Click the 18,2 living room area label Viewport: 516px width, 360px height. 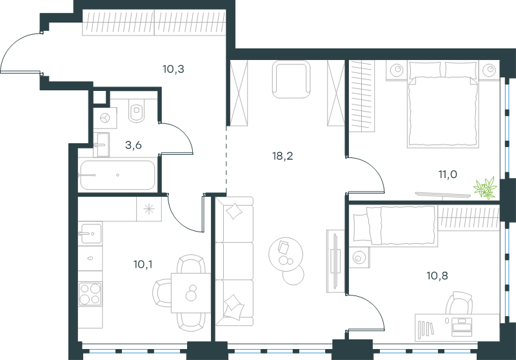283,156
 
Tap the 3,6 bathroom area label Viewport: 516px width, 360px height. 134,145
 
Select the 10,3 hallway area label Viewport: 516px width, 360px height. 173,69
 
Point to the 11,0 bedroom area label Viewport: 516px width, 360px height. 448,174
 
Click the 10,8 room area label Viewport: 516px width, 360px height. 437,275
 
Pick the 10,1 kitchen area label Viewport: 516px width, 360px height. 143,265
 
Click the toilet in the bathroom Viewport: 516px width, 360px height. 137,110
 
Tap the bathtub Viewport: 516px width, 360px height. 117,175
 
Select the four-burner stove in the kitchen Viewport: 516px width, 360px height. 90,294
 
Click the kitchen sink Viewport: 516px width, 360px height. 91,234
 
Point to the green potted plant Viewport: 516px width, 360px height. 485,188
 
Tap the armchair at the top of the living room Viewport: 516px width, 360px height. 292,79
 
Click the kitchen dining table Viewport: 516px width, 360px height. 191,293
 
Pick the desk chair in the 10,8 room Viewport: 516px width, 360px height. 459,303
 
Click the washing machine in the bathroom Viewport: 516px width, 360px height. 105,118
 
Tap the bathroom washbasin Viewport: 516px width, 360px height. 101,145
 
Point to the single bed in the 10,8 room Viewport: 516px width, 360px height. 395,225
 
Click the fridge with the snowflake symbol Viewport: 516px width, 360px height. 149,209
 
